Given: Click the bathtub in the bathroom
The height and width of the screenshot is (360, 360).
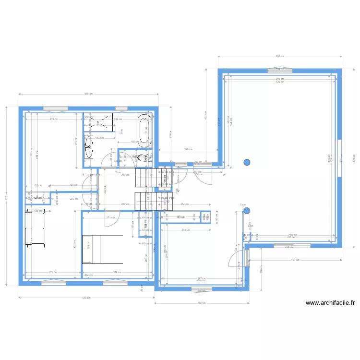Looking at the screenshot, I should (x=144, y=131).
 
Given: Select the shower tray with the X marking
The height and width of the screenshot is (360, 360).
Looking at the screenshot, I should (x=99, y=122).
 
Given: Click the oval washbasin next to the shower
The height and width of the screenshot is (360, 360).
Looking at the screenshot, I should (x=89, y=146).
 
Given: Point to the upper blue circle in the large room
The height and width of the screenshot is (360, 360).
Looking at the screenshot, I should (x=247, y=162).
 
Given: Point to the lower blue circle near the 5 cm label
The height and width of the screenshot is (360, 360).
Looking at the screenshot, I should (x=247, y=210).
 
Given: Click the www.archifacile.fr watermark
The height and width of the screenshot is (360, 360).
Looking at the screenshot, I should (x=330, y=303).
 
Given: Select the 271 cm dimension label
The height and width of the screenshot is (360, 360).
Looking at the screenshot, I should (x=54, y=272).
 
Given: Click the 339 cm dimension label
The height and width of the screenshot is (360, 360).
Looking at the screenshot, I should (x=117, y=272).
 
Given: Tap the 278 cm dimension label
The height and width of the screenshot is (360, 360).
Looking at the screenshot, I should (x=54, y=119).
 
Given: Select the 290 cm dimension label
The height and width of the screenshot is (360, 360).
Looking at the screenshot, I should (x=188, y=149).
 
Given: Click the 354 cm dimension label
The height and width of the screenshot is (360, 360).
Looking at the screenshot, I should (x=184, y=204).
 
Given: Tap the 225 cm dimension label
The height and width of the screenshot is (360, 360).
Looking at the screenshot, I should (x=73, y=198).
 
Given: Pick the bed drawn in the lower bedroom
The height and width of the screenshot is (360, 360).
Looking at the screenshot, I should (x=99, y=249).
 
